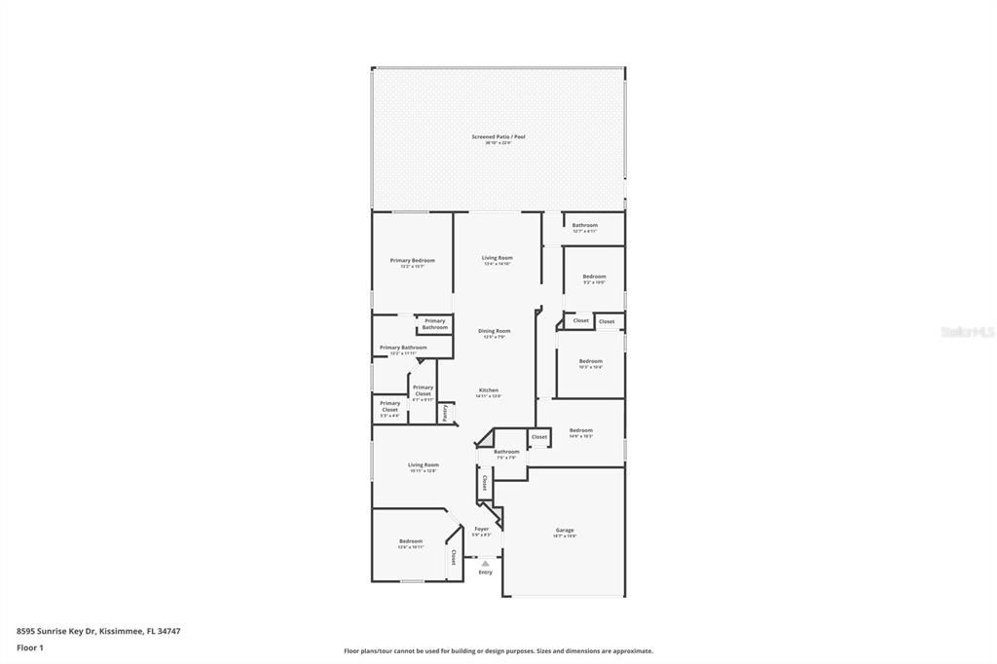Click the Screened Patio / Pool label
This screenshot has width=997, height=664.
click(x=498, y=137)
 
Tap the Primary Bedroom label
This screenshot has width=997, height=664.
click(x=412, y=261)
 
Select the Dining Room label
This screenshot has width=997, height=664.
click(x=494, y=331)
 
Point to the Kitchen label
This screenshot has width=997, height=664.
click(x=488, y=390)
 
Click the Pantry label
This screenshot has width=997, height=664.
click(x=445, y=413)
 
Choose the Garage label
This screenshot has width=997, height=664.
click(x=565, y=531)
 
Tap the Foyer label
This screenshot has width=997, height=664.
click(x=481, y=530)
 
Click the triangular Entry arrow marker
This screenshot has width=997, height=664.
click(x=485, y=563)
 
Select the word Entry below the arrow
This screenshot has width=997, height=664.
click(x=485, y=572)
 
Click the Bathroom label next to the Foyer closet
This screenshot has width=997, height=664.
click(x=506, y=452)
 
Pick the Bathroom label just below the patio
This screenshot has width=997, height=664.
click(x=584, y=226)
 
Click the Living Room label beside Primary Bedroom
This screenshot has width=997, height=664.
click(x=497, y=258)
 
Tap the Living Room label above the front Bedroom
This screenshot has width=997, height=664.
click(x=423, y=465)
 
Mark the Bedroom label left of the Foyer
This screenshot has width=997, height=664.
click(x=410, y=541)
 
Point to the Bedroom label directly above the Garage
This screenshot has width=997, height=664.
click(x=580, y=430)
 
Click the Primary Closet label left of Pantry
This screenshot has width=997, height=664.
click(x=423, y=389)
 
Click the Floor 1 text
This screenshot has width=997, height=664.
click(x=29, y=647)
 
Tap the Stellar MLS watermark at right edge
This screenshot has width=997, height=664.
click(x=967, y=332)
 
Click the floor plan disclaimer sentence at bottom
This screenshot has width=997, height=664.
click(x=498, y=651)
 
